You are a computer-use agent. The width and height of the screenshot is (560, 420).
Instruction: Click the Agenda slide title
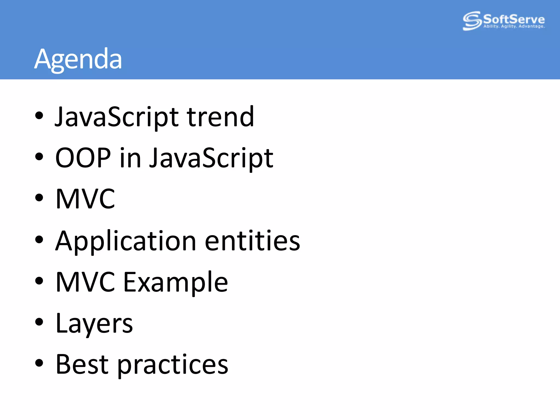click(x=78, y=59)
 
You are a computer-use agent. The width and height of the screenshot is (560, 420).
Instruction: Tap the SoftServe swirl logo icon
click(x=472, y=21)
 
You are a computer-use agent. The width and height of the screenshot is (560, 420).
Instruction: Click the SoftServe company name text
click(x=514, y=19)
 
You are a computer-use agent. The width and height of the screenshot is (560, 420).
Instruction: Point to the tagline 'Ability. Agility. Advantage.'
click(x=514, y=27)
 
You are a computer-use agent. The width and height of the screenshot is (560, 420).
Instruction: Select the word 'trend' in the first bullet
click(x=220, y=117)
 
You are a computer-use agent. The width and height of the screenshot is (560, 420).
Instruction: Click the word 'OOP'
click(x=83, y=158)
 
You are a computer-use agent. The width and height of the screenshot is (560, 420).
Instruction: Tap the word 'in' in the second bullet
click(x=130, y=158)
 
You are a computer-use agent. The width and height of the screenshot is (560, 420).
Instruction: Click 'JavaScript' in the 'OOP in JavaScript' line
click(x=211, y=158)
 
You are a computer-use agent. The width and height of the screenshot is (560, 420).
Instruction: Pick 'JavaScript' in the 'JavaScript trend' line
click(x=117, y=117)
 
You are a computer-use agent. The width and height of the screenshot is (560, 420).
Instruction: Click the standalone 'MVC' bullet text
click(x=85, y=199)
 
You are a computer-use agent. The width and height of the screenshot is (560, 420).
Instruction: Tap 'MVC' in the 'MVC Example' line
click(x=85, y=282)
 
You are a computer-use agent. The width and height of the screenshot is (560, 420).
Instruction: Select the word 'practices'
click(x=173, y=365)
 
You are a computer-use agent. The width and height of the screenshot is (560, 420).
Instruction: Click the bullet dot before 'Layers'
click(x=39, y=322)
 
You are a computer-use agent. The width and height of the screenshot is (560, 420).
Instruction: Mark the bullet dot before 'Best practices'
click(x=39, y=363)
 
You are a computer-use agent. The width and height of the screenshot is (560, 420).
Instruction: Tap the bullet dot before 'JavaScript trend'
click(x=39, y=115)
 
